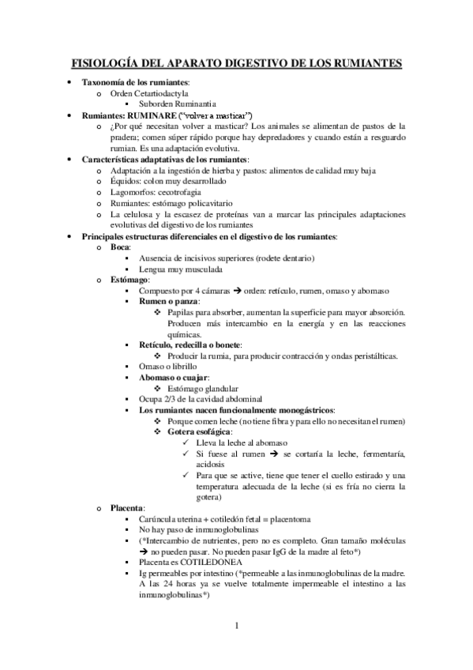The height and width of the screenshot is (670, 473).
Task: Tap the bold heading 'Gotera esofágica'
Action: (x=198, y=433)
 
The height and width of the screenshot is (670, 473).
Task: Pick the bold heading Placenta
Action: (x=127, y=506)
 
